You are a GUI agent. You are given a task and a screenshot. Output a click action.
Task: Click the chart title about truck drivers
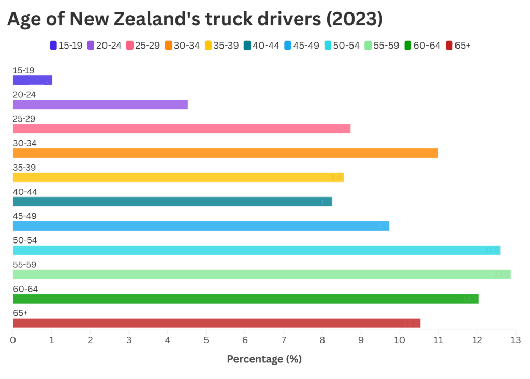coord(195,19)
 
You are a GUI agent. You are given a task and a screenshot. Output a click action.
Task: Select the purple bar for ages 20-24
coord(100,104)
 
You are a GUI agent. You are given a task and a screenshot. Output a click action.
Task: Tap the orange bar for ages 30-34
coord(225,153)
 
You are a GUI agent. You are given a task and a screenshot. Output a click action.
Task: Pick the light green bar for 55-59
coord(261,275)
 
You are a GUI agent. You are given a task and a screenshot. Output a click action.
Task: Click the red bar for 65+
coord(216,323)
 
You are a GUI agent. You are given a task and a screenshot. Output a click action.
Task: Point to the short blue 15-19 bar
coord(32,80)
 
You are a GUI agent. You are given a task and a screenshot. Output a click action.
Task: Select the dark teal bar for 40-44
coord(172,202)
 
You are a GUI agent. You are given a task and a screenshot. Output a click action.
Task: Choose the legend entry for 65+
coord(458,46)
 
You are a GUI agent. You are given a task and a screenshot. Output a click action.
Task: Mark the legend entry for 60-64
coord(422,46)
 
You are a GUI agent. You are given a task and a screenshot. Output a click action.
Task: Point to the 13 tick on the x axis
coord(515,340)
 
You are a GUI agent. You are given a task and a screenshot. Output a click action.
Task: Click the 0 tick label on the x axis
coord(13,340)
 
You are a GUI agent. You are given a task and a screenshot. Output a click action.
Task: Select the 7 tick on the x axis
coord(283,340)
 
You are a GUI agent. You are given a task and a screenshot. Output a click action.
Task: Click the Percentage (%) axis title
coord(264,359)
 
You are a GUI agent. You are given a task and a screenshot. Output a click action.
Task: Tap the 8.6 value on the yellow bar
coord(336,177)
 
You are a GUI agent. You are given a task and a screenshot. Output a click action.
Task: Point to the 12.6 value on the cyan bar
coord(492,250)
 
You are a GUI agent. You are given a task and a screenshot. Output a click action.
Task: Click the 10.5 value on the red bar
coord(411,323)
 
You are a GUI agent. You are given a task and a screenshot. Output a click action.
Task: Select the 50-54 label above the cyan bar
coord(25,240)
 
